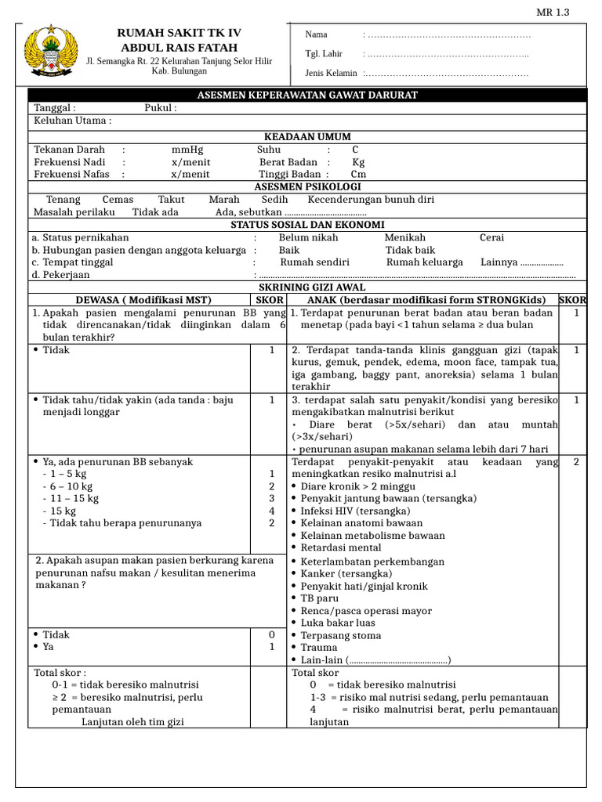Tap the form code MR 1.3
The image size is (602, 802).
pyautogui.click(x=553, y=12)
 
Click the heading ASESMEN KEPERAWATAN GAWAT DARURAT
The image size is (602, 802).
pyautogui.click(x=306, y=95)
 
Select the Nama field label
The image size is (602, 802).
pyautogui.click(x=316, y=34)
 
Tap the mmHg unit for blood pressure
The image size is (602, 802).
pyautogui.click(x=187, y=150)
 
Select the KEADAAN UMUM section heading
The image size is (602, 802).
pyautogui.click(x=307, y=136)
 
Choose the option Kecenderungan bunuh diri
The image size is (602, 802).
pyautogui.click(x=371, y=200)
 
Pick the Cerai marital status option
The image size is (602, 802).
pyautogui.click(x=491, y=237)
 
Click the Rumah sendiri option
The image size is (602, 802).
pyautogui.click(x=314, y=262)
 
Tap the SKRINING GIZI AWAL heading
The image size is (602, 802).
pyautogui.click(x=307, y=288)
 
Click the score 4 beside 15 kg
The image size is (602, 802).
pyautogui.click(x=271, y=511)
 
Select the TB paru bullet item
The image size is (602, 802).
pyautogui.click(x=320, y=598)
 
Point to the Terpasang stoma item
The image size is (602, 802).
pyautogui.click(x=341, y=635)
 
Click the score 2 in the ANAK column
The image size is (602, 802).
pyautogui.click(x=575, y=461)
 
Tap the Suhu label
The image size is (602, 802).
pyautogui.click(x=268, y=150)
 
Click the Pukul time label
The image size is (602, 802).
pyautogui.click(x=160, y=108)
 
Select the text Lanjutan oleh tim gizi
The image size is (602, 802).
pyautogui.click(x=132, y=721)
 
